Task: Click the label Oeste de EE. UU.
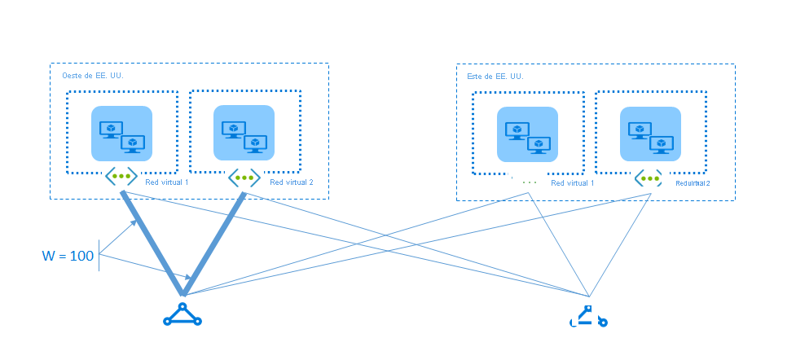93,76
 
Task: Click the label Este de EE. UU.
495,77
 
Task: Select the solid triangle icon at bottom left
182,315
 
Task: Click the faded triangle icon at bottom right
587,317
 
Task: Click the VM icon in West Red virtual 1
121,134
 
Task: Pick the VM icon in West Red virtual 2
244,134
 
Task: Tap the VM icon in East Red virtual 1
527,135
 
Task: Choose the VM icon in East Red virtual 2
649,134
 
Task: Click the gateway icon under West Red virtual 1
121,175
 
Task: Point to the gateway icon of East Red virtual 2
649,178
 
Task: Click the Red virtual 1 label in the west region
166,182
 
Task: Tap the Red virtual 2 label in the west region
291,182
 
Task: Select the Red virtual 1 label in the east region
572,183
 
